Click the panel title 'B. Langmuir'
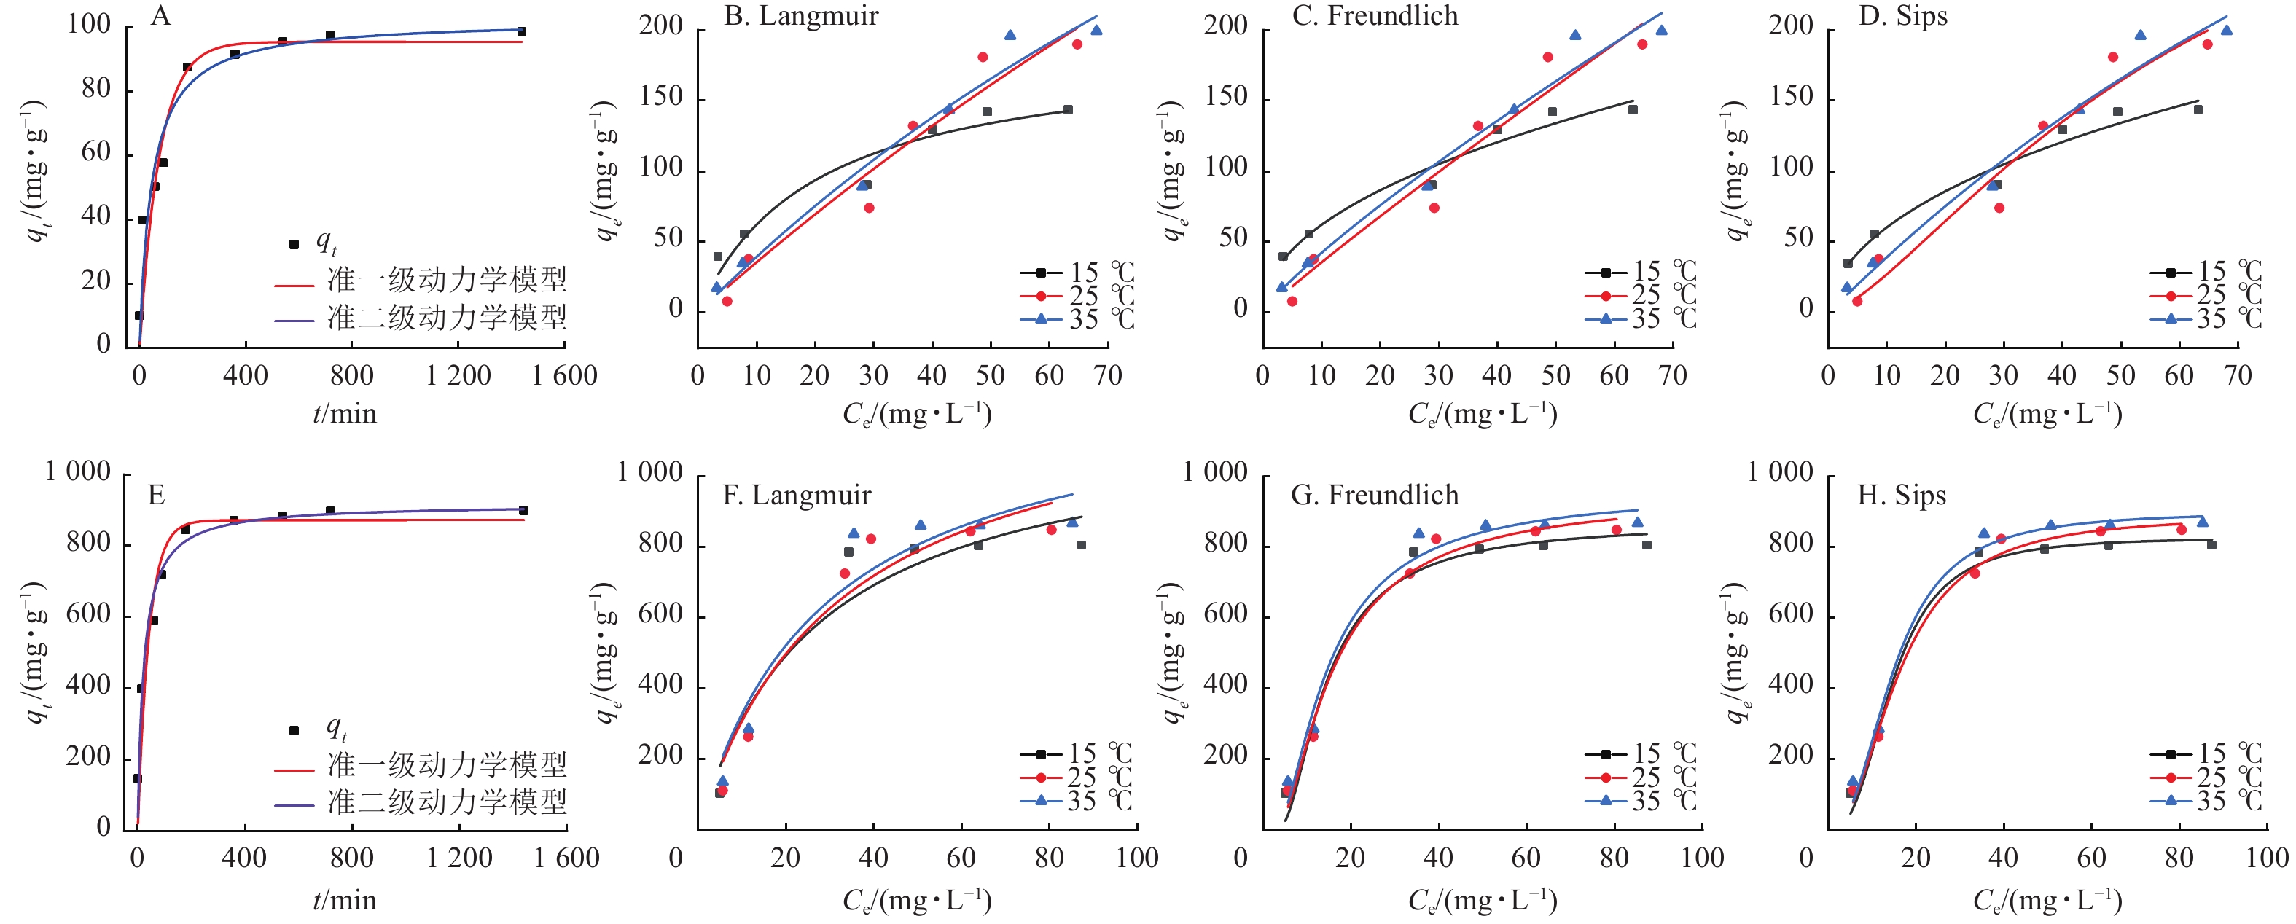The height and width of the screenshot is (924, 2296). pyautogui.click(x=800, y=16)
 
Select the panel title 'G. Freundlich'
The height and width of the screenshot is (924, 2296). pyautogui.click(x=1375, y=495)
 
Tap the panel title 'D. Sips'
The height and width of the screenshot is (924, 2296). pyautogui.click(x=1903, y=16)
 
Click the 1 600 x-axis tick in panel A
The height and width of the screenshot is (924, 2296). pyautogui.click(x=564, y=375)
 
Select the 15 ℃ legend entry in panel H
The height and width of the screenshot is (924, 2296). pyautogui.click(x=2205, y=753)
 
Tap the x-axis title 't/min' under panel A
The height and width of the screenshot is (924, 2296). pyautogui.click(x=344, y=413)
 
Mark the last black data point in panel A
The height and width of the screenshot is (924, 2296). pyautogui.click(x=521, y=32)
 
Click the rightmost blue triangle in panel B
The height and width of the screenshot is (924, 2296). pyautogui.click(x=1096, y=31)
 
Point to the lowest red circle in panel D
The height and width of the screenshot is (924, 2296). pyautogui.click(x=1856, y=301)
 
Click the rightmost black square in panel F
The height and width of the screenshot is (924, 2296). pyautogui.click(x=1081, y=545)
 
